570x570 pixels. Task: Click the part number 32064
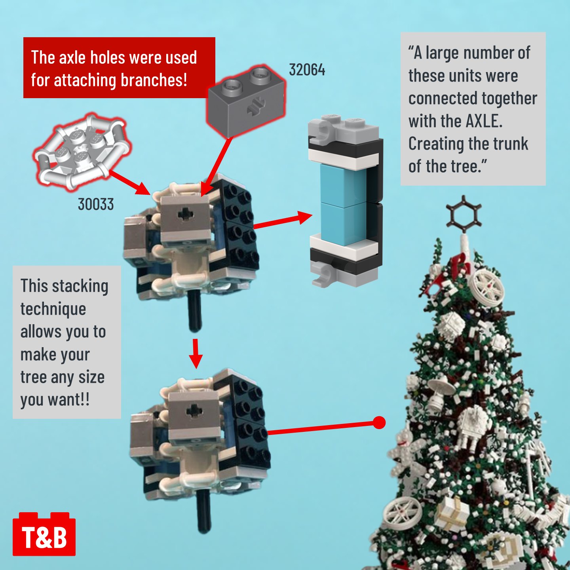pyautogui.click(x=307, y=70)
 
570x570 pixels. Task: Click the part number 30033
pyautogui.click(x=96, y=204)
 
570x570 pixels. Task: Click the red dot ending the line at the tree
pyautogui.click(x=379, y=422)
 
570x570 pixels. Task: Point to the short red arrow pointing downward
pyautogui.click(x=196, y=353)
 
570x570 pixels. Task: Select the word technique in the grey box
pyautogui.click(x=53, y=310)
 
